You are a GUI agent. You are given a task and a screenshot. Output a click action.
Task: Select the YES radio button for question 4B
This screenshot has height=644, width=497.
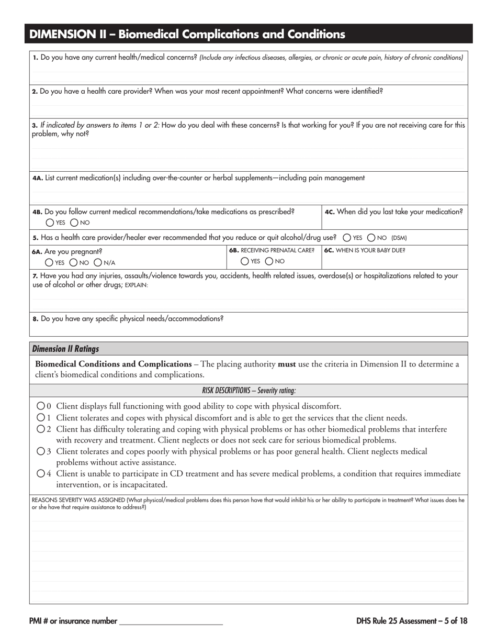(x=50, y=223)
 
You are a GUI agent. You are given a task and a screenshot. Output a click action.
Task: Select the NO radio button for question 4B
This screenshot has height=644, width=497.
(x=74, y=223)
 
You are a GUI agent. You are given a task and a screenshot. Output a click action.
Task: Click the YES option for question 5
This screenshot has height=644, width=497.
(x=347, y=237)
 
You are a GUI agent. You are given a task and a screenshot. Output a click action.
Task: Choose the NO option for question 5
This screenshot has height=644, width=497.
(x=371, y=237)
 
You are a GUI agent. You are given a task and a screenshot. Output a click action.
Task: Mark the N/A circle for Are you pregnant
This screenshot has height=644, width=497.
(x=98, y=262)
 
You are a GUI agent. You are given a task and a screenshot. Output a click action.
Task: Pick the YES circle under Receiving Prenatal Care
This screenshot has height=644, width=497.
(x=245, y=261)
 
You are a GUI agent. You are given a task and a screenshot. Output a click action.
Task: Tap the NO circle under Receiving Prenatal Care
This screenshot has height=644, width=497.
(x=269, y=261)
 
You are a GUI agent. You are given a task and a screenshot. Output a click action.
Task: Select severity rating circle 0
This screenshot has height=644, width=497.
(x=41, y=406)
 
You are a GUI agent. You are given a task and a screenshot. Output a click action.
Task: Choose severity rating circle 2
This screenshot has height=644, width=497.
(x=41, y=429)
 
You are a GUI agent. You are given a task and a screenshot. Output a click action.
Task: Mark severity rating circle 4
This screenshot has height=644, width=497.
(x=41, y=473)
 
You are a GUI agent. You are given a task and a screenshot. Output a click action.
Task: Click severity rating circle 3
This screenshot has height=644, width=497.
(x=41, y=451)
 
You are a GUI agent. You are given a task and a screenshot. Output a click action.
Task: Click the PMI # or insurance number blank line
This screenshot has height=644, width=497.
(x=171, y=621)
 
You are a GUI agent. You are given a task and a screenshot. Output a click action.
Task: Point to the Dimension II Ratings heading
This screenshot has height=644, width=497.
(x=65, y=349)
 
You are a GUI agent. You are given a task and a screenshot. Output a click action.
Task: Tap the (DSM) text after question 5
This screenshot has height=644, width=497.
(x=399, y=238)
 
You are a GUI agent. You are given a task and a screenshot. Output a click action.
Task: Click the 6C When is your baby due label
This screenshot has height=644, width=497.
(x=364, y=250)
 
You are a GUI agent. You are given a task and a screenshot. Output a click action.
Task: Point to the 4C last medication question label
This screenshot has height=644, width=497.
(x=393, y=212)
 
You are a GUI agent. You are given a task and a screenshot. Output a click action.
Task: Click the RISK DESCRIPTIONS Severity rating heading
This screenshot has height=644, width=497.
(x=249, y=391)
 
